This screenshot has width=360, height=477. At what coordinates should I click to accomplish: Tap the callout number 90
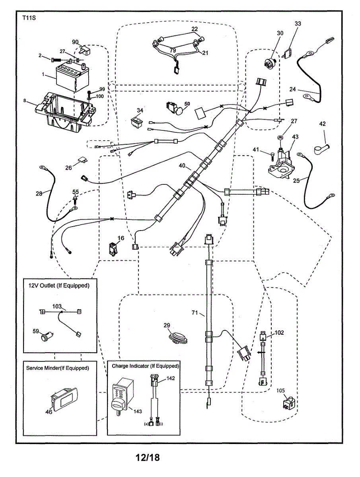(x=75, y=42)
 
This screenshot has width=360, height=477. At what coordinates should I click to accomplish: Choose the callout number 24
(x=292, y=89)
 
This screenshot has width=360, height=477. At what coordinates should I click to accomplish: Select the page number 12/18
(x=147, y=458)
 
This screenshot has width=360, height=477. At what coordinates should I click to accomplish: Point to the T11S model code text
(x=28, y=18)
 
